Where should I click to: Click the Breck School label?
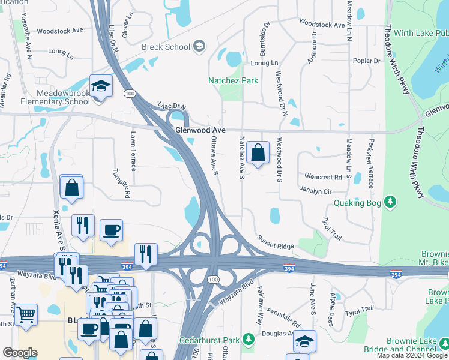click(165, 47)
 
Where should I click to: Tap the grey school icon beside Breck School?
click(200, 46)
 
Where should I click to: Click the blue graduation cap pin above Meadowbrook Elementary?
click(101, 86)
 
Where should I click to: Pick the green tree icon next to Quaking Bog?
click(390, 200)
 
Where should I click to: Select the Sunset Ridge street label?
click(276, 246)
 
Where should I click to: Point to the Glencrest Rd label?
click(323, 176)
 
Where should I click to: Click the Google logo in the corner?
click(20, 353)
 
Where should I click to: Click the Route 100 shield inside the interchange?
click(213, 280)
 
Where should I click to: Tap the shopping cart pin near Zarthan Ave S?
click(26, 314)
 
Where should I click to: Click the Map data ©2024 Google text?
click(412, 355)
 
